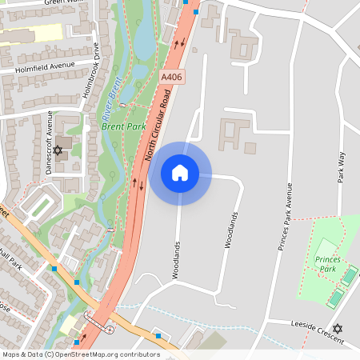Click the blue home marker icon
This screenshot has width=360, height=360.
[180, 173]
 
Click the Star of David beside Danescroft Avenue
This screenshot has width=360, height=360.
[57, 150]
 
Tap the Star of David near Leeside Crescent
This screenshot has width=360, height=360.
[337, 328]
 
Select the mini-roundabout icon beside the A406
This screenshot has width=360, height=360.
[109, 329]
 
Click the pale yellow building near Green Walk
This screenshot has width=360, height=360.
[32, 34]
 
